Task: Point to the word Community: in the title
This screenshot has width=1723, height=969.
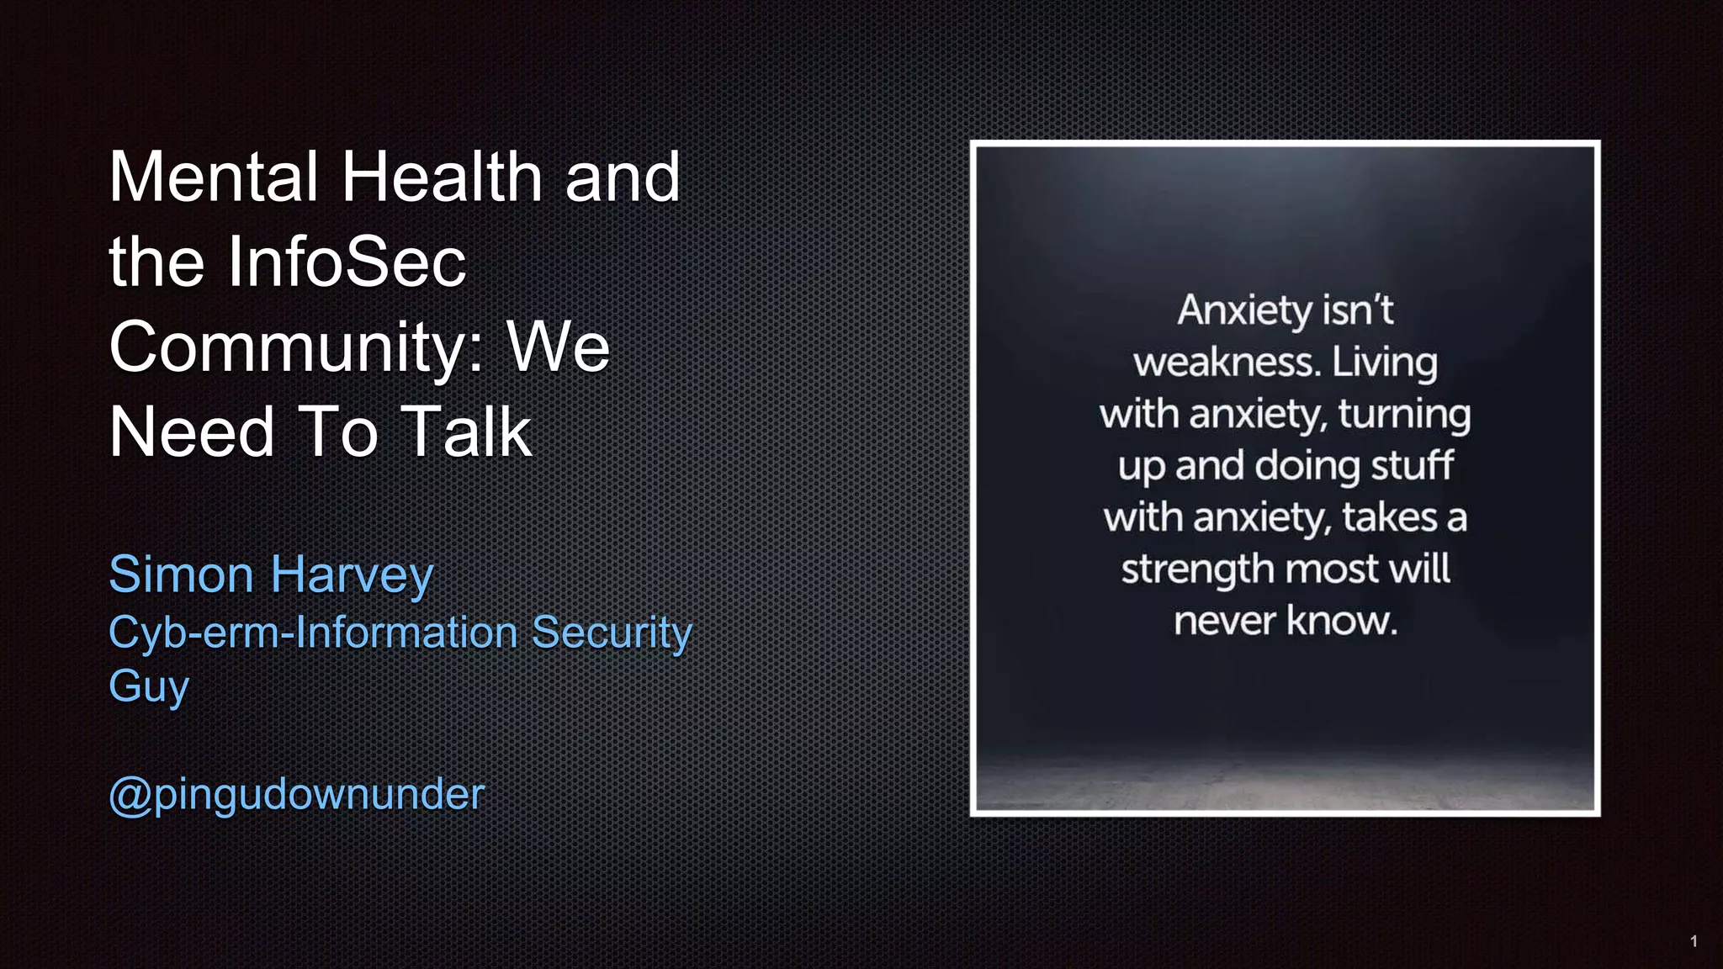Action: (296, 347)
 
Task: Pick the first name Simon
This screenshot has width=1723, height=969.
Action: (181, 575)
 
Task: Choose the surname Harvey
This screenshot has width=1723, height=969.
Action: (353, 576)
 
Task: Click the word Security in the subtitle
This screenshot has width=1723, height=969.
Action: (612, 633)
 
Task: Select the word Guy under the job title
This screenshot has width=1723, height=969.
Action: (149, 686)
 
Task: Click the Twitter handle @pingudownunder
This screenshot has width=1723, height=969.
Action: (297, 794)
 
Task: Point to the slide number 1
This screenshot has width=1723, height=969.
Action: (1694, 941)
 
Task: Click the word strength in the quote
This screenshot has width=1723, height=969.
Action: (1198, 570)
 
